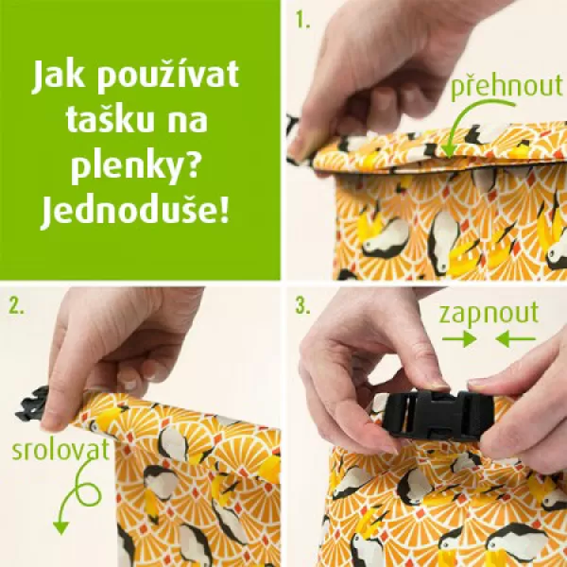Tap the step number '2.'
coord(15,305)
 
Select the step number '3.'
coord(301,305)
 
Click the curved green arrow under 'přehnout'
coord(461,132)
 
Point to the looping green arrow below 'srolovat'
coord(71,501)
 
